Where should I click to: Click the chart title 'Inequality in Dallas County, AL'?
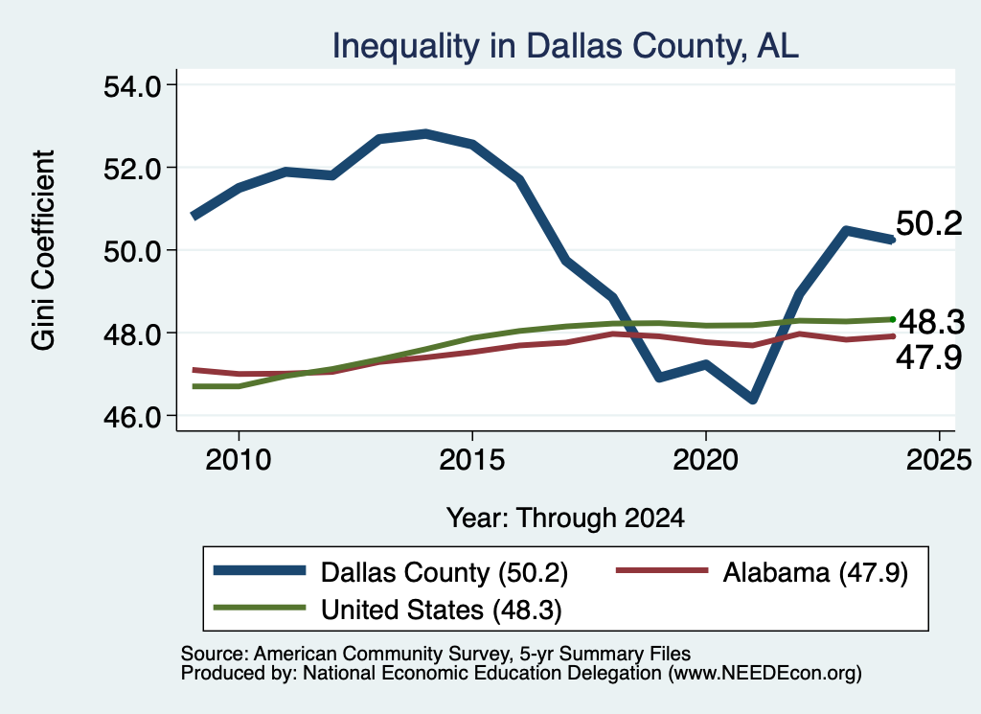(x=565, y=46)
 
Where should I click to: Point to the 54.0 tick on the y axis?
(x=132, y=85)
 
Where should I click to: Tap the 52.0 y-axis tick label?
(x=132, y=169)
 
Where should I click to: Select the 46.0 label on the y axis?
(x=132, y=416)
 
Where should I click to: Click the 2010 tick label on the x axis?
(x=238, y=460)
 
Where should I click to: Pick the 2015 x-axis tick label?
(x=471, y=460)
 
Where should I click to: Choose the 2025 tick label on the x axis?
(x=939, y=460)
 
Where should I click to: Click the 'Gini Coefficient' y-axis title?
(x=44, y=250)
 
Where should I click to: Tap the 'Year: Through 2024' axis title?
(x=565, y=518)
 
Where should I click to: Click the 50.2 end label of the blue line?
(x=929, y=223)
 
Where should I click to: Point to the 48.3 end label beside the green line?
(x=931, y=322)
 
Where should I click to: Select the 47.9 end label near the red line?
(x=929, y=357)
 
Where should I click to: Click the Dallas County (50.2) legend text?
(x=445, y=572)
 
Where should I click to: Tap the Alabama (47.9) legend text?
(x=815, y=572)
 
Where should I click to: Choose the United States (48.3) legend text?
(x=441, y=610)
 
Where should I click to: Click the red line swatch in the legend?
(x=662, y=570)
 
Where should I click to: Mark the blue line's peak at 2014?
(x=425, y=134)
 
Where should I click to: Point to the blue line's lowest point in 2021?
(x=753, y=399)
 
